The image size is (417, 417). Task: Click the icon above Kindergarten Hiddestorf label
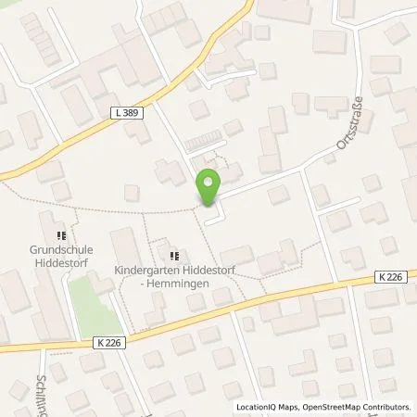173,256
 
